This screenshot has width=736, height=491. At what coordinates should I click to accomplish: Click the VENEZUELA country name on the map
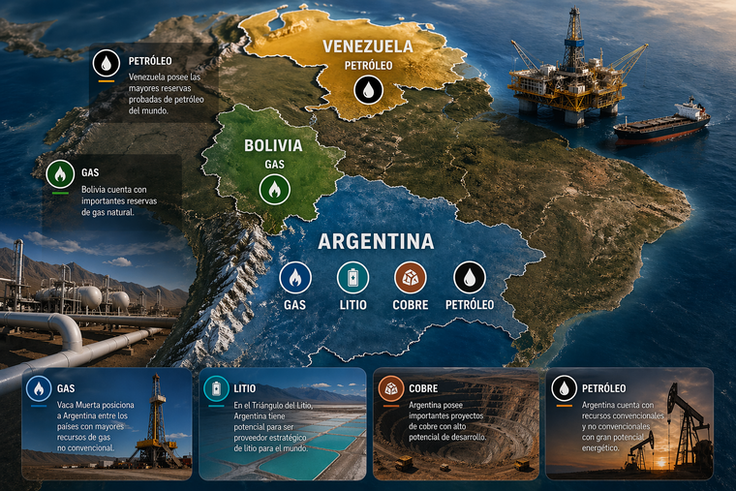pyautogui.click(x=367, y=46)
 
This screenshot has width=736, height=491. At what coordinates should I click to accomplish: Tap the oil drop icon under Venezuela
pyautogui.click(x=368, y=91)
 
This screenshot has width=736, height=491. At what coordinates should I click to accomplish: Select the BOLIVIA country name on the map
pyautogui.click(x=273, y=146)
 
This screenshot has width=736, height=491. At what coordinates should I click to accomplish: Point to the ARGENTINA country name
pyautogui.click(x=376, y=241)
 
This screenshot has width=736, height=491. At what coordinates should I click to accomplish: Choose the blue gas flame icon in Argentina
pyautogui.click(x=294, y=278)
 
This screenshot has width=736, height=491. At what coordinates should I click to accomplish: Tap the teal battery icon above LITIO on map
pyautogui.click(x=353, y=278)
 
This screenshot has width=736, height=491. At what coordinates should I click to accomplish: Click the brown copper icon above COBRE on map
pyautogui.click(x=410, y=278)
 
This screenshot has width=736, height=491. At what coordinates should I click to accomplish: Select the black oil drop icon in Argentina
pyautogui.click(x=470, y=278)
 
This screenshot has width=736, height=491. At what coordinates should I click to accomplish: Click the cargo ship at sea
pyautogui.click(x=661, y=123)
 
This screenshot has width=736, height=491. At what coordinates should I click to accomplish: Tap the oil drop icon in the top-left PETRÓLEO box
pyautogui.click(x=106, y=64)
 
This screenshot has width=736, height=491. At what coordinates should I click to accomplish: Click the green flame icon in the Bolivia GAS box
pyautogui.click(x=60, y=174)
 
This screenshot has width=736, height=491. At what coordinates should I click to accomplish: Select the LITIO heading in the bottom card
pyautogui.click(x=245, y=388)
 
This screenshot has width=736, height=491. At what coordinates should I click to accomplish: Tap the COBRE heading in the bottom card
pyautogui.click(x=423, y=388)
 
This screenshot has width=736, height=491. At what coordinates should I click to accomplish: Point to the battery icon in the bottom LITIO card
pyautogui.click(x=215, y=389)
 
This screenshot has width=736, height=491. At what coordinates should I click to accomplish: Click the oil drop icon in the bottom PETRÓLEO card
pyautogui.click(x=564, y=389)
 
